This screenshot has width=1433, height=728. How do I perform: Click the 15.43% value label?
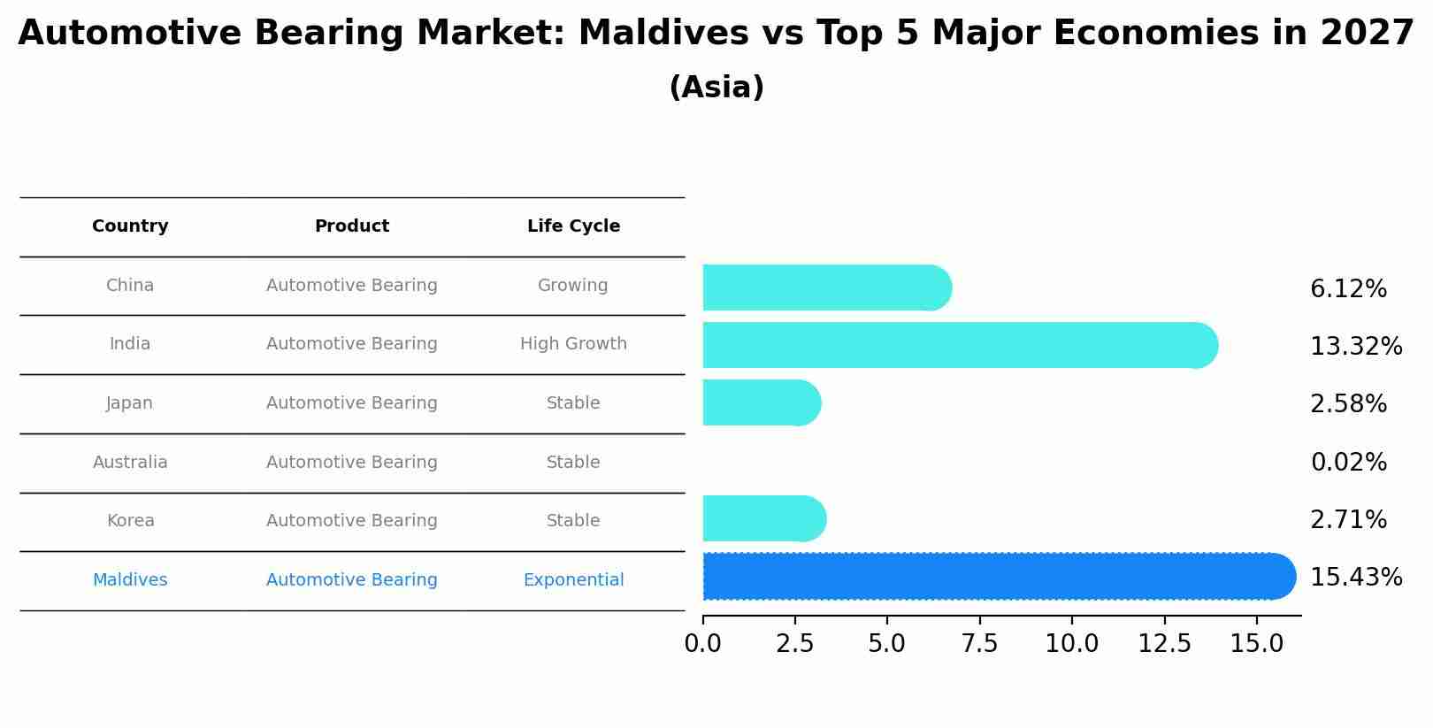(x=1355, y=578)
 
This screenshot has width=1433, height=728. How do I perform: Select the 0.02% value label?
(x=1348, y=462)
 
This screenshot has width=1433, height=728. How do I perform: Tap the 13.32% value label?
(x=1355, y=346)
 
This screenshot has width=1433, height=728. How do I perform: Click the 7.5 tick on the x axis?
(x=979, y=644)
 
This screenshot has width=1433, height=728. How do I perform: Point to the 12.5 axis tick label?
(x=1164, y=644)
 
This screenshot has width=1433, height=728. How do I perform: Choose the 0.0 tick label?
(x=703, y=644)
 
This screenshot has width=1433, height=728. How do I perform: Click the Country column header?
(x=130, y=226)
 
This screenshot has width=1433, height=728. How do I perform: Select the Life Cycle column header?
(x=573, y=226)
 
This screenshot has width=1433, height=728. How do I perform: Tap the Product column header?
(x=352, y=226)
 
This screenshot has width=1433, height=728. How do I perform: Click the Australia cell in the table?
(x=130, y=462)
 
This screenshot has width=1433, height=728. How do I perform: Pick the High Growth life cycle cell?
(x=573, y=344)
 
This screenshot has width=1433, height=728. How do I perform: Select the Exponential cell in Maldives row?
(x=573, y=580)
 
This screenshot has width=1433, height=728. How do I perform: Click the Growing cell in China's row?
(x=573, y=286)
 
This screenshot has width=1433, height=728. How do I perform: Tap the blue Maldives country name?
(x=130, y=580)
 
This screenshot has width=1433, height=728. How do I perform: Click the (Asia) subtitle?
(x=716, y=88)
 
